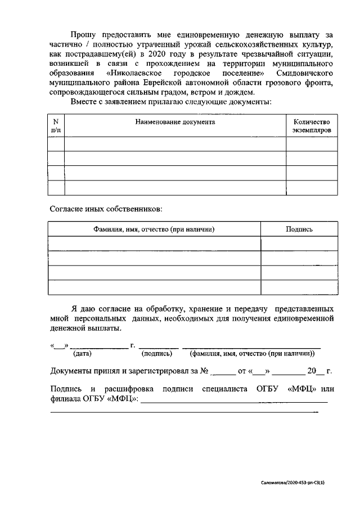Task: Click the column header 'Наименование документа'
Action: pyautogui.click(x=175, y=122)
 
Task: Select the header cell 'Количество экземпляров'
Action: pyautogui.click(x=312, y=126)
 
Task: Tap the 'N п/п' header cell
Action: pyautogui.click(x=56, y=126)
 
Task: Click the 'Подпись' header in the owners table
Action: pyautogui.click(x=299, y=229)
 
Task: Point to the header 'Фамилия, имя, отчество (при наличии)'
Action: pyautogui.click(x=154, y=229)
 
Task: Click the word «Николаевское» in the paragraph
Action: pyautogui.click(x=134, y=73)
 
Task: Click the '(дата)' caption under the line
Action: pyautogui.click(x=82, y=354)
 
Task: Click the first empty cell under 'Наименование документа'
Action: pyautogui.click(x=175, y=144)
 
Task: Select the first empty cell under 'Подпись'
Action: pyautogui.click(x=299, y=244)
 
